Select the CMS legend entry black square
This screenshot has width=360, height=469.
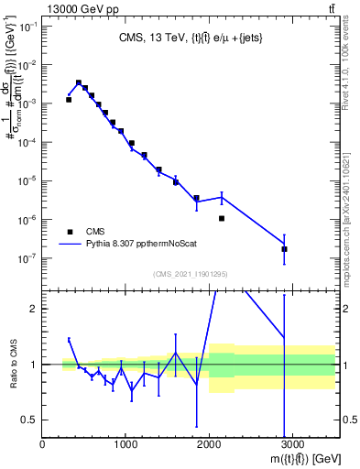tap(70, 232)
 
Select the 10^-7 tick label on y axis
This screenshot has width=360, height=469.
tap(27, 258)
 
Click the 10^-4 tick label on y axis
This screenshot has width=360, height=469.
tap(27, 142)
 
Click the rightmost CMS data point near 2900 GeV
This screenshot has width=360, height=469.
tap(284, 249)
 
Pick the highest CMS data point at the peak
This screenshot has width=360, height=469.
tap(79, 82)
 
